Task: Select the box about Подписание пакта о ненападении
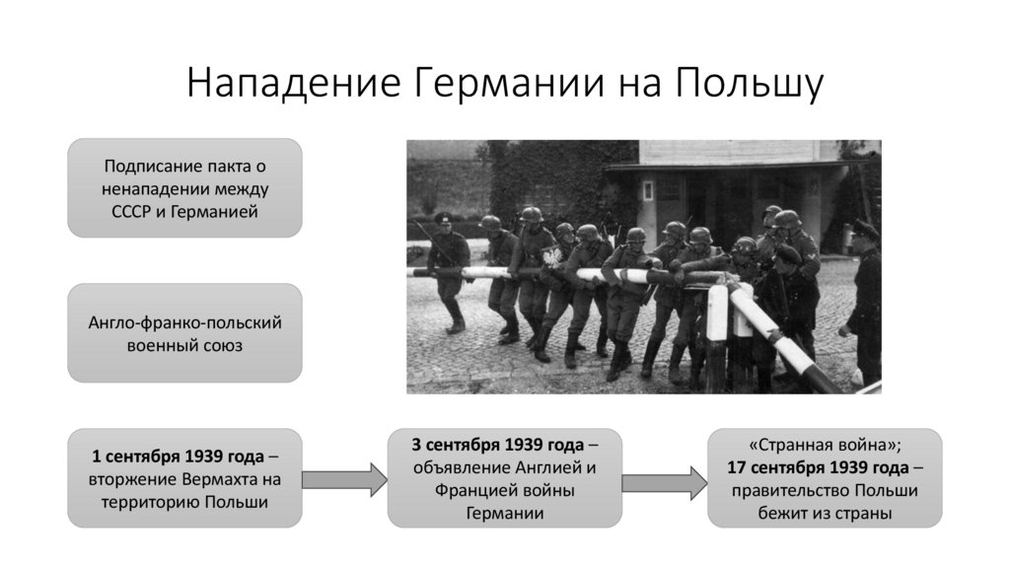click(184, 186)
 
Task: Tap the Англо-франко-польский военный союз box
click(184, 333)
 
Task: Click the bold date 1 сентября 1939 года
click(178, 458)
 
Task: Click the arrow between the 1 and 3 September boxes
click(344, 479)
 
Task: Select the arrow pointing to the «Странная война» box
click(665, 479)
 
